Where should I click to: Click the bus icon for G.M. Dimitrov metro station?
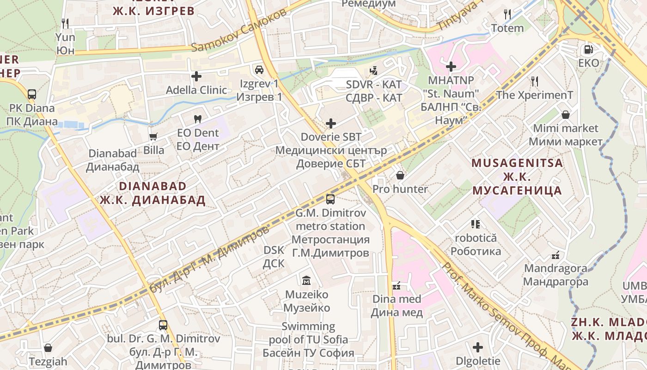tap(330, 199)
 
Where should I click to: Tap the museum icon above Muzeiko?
tap(306, 280)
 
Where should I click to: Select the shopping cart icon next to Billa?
tap(153, 136)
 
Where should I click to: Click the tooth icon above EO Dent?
tap(198, 119)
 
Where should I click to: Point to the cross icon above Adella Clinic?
tap(196, 76)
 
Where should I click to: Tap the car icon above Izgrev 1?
tap(259, 70)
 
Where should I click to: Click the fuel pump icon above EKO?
tap(588, 49)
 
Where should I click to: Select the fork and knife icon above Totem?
tap(507, 14)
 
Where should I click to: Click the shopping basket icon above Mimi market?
tap(565, 114)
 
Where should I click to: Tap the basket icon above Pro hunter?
tap(400, 175)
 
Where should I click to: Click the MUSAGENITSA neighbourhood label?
tap(517, 163)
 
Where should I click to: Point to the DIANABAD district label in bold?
tap(153, 186)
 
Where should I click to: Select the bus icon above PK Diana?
tap(31, 94)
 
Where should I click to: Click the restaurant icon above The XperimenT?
tap(535, 81)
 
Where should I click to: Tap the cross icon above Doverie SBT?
tap(331, 123)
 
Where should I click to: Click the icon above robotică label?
tap(476, 224)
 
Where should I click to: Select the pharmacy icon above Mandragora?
tap(555, 255)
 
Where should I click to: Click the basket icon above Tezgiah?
tap(48, 348)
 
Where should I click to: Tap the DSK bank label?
tap(274, 257)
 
